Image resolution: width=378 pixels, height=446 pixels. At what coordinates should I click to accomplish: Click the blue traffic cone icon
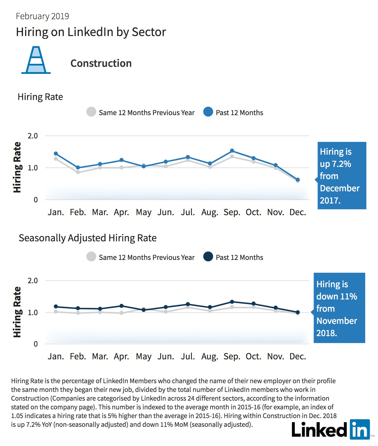36,60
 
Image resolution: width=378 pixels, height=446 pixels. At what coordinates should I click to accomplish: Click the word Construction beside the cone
101,63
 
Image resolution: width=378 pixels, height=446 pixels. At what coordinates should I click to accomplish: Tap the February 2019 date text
42,16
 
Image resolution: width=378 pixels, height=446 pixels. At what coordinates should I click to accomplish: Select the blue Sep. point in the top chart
232,151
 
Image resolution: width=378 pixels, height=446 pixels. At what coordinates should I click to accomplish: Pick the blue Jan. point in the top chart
56,154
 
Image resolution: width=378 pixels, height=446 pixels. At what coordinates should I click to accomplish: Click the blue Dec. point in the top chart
297,180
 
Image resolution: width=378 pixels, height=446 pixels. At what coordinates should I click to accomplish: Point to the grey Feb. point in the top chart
78,172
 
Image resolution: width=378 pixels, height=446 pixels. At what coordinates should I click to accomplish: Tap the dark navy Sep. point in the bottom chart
232,302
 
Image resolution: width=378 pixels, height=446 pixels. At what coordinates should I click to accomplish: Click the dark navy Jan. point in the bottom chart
56,306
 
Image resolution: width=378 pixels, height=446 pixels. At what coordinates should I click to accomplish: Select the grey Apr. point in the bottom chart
122,313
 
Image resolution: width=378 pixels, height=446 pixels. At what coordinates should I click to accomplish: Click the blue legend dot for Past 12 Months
208,112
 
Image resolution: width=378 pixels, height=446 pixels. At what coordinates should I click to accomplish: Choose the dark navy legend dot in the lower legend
208,256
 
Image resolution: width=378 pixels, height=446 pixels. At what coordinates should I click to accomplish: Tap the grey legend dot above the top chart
91,112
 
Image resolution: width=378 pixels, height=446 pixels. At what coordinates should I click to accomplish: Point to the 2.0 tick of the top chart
33,136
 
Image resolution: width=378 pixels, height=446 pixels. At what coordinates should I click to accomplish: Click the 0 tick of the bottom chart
36,344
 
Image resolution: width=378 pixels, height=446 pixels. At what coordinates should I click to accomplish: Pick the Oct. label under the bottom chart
253,356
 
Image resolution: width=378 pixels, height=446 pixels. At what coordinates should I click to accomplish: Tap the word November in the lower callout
337,321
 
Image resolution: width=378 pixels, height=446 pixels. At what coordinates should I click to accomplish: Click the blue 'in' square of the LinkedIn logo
360,429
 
